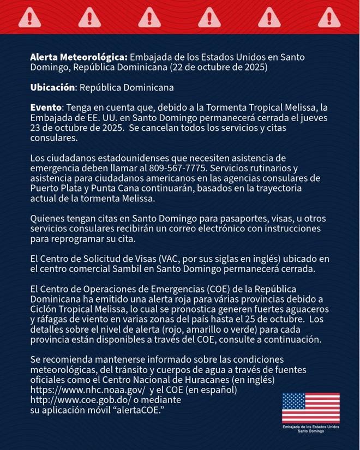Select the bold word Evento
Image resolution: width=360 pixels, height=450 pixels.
tap(46, 107)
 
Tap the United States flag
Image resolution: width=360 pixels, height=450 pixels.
tap(310, 408)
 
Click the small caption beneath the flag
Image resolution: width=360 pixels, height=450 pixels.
tap(310, 429)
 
